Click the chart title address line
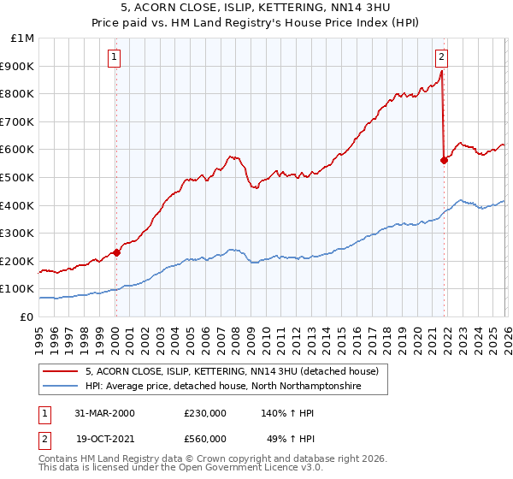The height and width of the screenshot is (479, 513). pos(256,8)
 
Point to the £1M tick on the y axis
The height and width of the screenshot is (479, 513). pos(23,38)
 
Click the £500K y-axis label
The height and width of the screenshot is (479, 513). pos(19,178)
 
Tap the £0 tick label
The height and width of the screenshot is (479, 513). pos(27,316)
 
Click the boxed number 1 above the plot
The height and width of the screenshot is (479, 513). pos(115,57)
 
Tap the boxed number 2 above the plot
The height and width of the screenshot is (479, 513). pos(441,57)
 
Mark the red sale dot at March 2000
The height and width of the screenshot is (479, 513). pos(117,252)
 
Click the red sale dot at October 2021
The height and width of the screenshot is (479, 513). pos(444,161)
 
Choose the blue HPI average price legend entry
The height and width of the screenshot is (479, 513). pos(222,387)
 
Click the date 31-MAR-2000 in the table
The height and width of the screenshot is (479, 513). pos(103,413)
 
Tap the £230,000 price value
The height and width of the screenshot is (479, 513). pos(205,413)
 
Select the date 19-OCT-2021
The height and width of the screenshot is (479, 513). pos(103,440)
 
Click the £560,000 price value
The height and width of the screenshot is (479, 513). pos(205,440)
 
